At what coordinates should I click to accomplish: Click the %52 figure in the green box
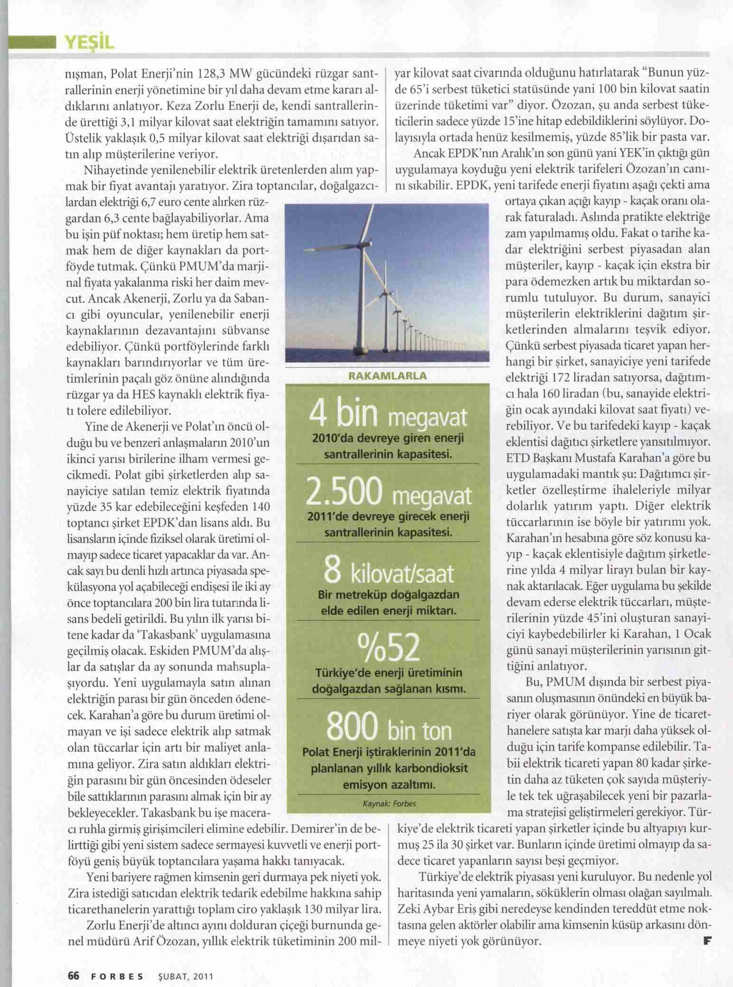click(x=388, y=649)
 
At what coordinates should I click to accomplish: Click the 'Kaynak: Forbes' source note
click(x=389, y=804)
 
